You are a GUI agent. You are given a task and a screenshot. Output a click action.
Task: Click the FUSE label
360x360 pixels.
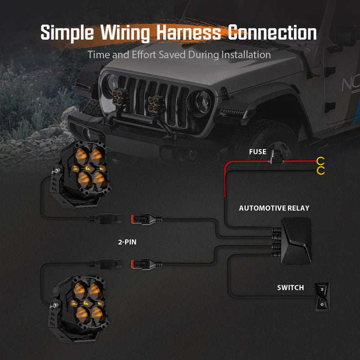257,152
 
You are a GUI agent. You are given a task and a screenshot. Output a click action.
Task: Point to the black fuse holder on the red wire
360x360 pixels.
276,158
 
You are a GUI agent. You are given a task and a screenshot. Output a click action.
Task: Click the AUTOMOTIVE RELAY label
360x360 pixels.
274,208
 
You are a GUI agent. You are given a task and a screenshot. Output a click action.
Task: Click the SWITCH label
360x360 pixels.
290,288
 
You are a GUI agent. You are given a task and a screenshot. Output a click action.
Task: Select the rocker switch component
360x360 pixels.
322,296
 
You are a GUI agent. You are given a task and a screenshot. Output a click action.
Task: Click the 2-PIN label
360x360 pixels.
127,242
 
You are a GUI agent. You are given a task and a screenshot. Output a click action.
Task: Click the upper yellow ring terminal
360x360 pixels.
321,161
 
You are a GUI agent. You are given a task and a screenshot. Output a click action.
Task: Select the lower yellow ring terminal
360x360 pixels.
321,170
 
